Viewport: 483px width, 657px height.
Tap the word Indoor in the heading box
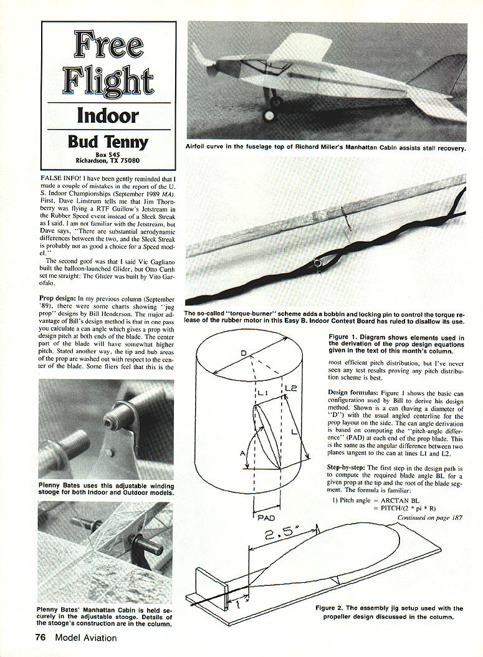108,115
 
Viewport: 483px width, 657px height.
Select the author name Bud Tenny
108,141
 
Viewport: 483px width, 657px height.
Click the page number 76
41,637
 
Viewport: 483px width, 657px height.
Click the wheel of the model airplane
269,116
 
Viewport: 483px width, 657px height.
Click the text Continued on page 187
430,517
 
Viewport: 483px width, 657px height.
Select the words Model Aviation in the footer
85,637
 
